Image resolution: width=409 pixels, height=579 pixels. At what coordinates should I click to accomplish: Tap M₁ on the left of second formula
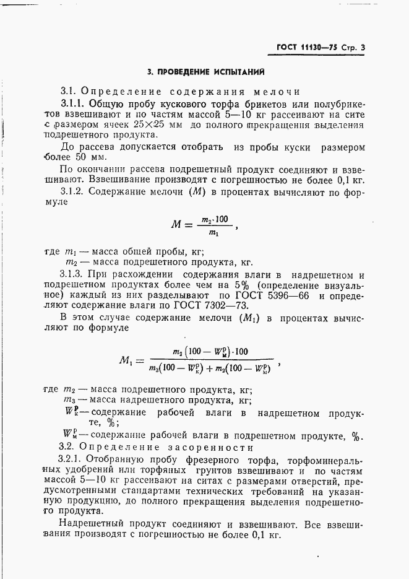(128, 360)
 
